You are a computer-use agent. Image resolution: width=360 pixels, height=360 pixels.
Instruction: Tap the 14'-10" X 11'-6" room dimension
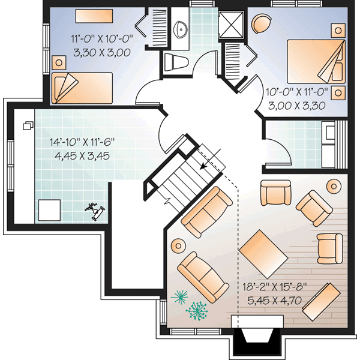[82, 143]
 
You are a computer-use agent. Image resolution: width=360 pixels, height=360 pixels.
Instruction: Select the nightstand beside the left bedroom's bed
[59, 62]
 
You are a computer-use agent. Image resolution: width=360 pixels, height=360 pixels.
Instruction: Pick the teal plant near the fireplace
[196, 310]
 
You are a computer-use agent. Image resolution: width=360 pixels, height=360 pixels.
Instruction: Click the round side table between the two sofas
[178, 245]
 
